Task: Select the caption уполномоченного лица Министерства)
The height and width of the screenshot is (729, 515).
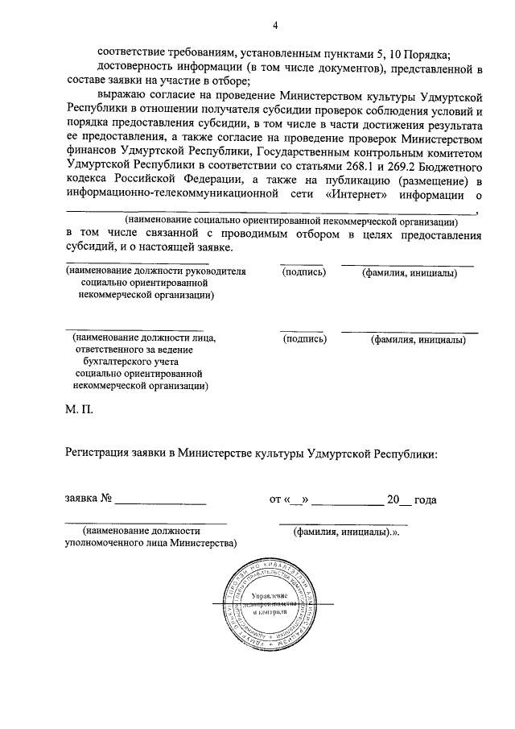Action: coord(150,544)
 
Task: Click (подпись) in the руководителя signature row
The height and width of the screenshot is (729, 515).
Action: coord(303,272)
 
